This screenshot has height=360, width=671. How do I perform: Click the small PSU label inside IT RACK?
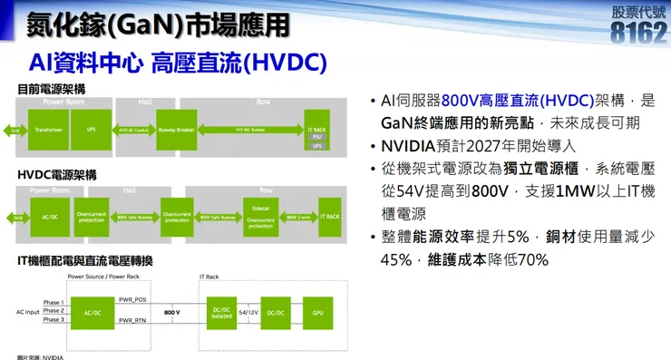[x=317, y=137]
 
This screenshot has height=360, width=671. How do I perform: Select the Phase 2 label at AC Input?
[x=53, y=310]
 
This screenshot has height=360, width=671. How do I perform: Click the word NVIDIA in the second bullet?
[x=413, y=146]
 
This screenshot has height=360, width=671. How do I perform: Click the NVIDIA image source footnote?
[x=40, y=356]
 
